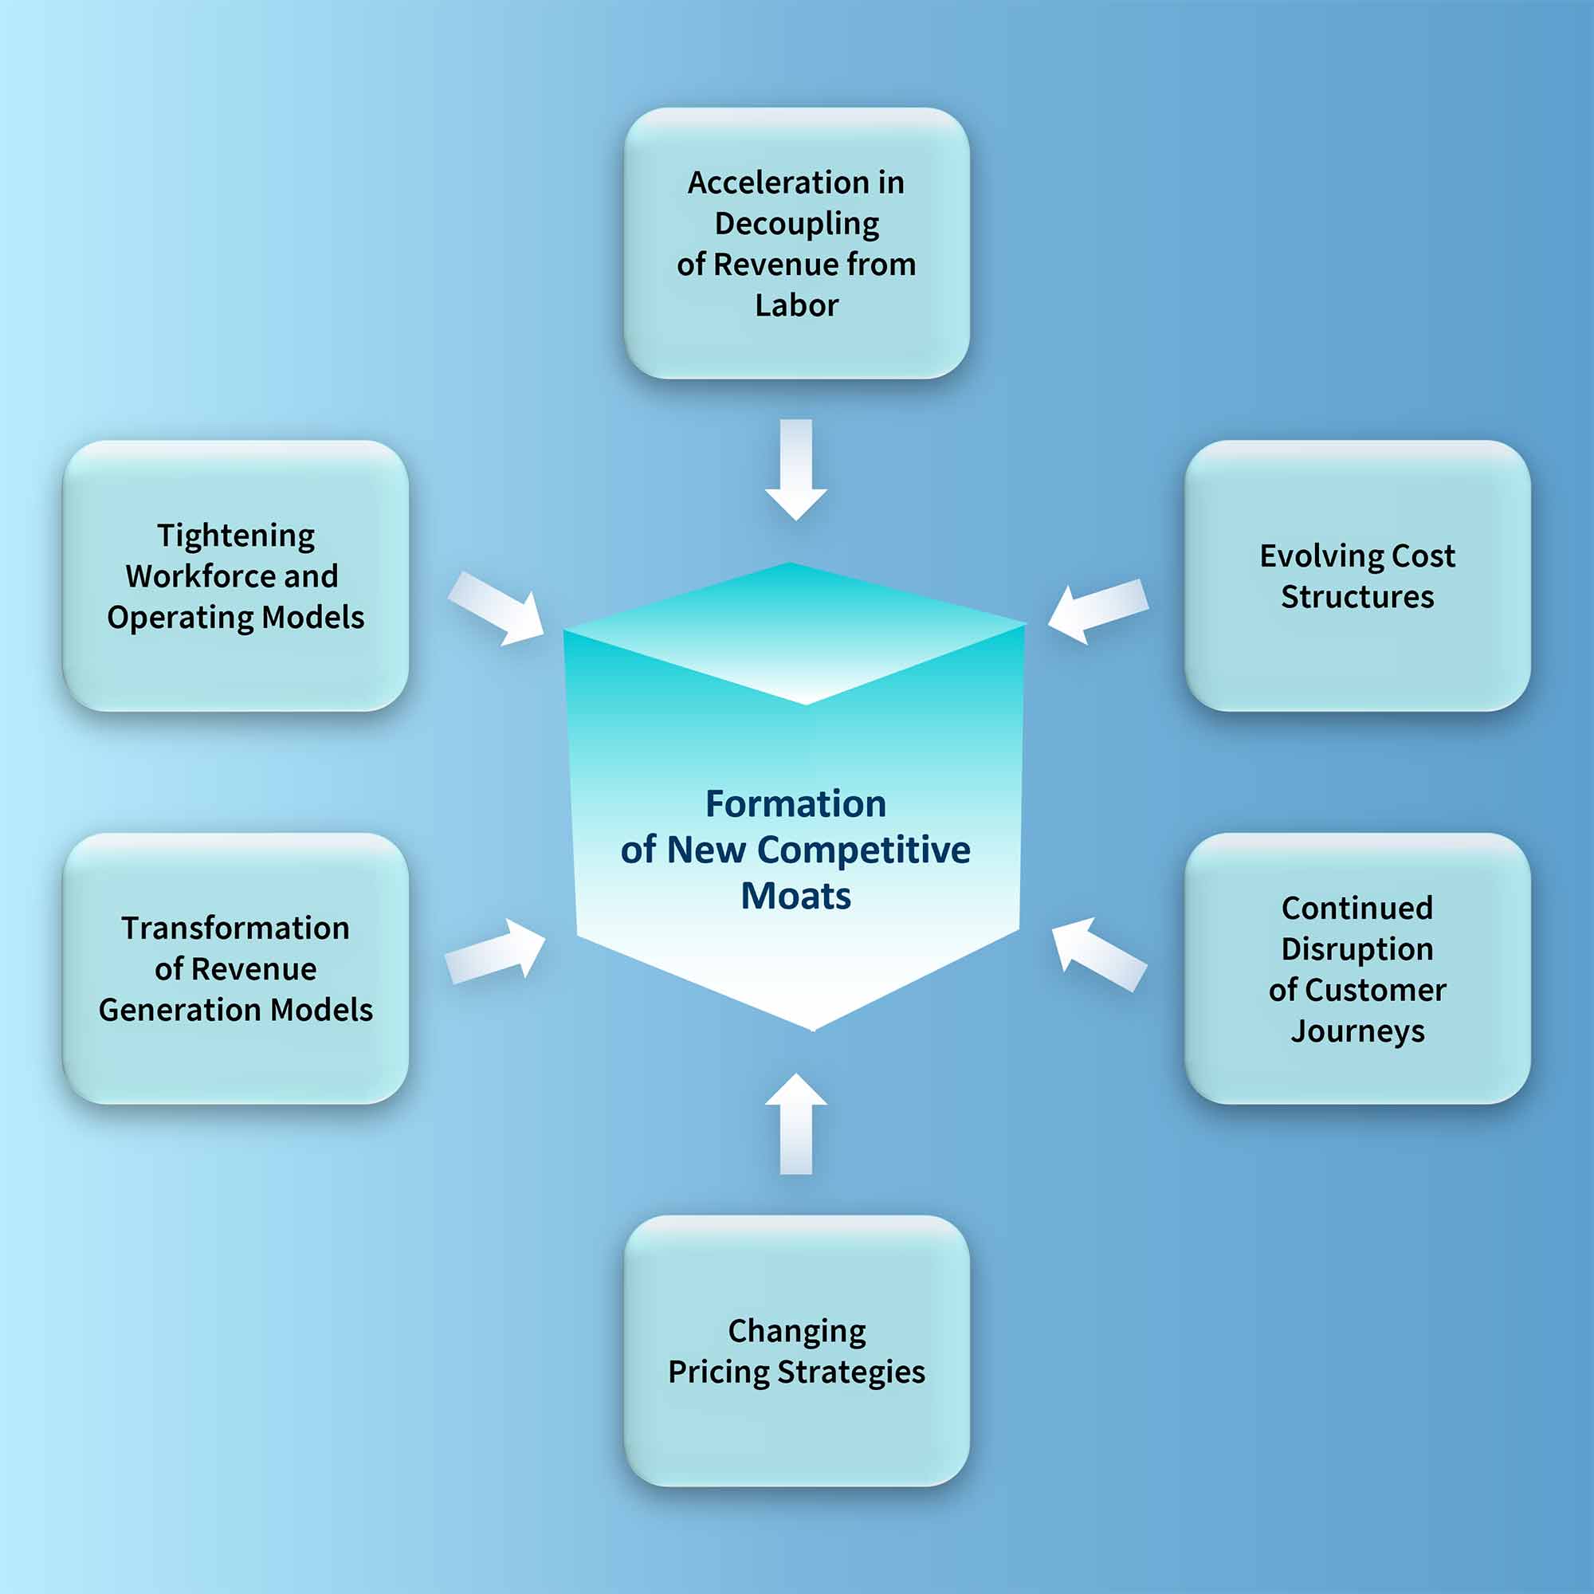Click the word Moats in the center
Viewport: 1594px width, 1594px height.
tap(795, 896)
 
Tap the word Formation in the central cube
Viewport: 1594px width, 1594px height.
tap(795, 803)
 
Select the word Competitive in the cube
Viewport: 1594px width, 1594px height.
tap(863, 850)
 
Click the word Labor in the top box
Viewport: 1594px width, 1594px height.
tap(796, 305)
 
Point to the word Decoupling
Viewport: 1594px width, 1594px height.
tap(796, 224)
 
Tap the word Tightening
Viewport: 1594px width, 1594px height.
tap(236, 536)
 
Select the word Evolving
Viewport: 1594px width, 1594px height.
tap(1320, 556)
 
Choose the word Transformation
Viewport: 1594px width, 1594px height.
tap(236, 929)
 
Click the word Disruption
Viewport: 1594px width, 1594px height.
tap(1357, 948)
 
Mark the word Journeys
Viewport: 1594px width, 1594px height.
tap(1357, 1031)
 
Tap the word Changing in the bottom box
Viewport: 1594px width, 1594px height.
tap(796, 1331)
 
